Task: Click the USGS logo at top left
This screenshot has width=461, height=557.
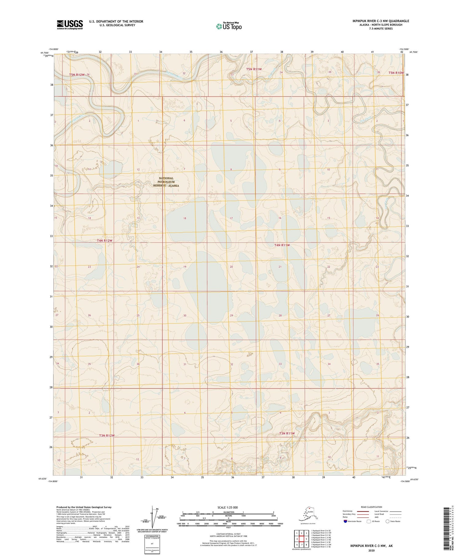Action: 69,25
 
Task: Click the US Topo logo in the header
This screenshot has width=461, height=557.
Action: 229,26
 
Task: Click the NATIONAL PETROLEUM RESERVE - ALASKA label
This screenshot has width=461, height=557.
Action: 166,182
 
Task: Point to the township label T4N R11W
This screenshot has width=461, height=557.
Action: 282,245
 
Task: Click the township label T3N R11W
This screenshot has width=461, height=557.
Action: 287,433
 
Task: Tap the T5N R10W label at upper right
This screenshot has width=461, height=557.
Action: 396,73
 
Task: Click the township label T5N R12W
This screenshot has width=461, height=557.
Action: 77,75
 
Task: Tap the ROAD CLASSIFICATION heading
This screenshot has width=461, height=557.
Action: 371,507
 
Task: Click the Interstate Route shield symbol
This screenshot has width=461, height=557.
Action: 345,521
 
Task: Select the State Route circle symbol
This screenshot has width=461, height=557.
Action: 388,521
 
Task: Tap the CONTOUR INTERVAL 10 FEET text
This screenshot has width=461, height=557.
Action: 228,535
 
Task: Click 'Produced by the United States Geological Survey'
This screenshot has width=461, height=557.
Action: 84,507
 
